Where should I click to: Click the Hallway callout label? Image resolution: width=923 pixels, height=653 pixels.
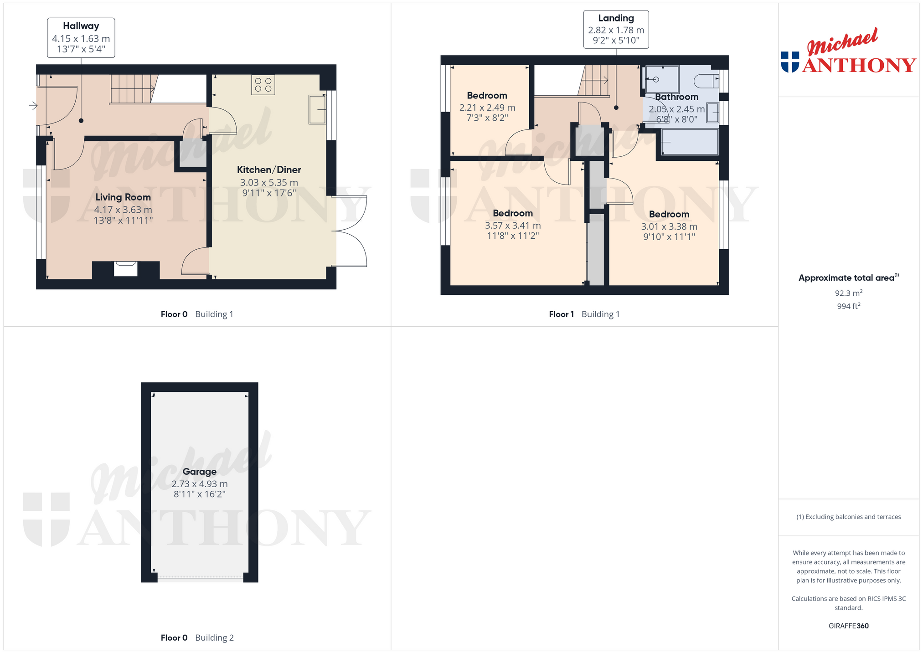click(x=81, y=26)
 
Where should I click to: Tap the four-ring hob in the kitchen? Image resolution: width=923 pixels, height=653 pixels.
click(x=263, y=85)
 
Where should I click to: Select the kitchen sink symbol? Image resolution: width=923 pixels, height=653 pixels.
click(x=317, y=109)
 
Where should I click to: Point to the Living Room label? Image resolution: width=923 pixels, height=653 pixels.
click(x=123, y=197)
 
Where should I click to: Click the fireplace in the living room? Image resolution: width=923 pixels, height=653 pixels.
click(x=125, y=269)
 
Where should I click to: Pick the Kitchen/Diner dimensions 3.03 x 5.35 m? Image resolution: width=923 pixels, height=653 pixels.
click(x=269, y=182)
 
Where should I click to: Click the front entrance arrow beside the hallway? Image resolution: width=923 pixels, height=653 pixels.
click(x=33, y=106)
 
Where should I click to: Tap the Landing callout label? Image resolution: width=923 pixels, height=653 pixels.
click(x=616, y=18)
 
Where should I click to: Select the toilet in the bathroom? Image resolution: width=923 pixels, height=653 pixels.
click(x=706, y=81)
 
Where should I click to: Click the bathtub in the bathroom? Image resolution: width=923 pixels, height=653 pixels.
click(x=690, y=142)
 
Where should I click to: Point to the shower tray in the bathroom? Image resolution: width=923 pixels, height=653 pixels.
click(x=662, y=80)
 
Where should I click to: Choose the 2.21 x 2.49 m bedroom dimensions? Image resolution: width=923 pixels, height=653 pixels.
click(x=487, y=108)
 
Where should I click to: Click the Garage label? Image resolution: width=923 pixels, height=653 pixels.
click(x=200, y=472)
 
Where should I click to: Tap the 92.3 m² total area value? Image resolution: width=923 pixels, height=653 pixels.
click(x=849, y=293)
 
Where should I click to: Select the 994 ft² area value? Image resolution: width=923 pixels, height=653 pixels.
click(x=849, y=306)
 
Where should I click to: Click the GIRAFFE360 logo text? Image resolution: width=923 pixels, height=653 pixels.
click(x=849, y=626)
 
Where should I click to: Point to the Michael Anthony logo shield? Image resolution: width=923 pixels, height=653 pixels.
click(x=790, y=62)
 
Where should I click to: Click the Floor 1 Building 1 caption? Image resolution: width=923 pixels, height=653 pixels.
click(x=584, y=314)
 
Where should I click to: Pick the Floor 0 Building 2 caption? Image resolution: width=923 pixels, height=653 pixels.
click(x=197, y=638)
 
